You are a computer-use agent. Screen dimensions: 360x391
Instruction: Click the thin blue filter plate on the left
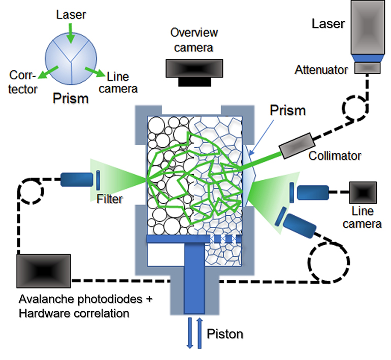point(97,180)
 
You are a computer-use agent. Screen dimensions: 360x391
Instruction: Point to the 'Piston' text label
point(225,334)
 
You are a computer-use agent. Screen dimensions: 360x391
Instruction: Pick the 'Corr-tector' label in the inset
point(23,83)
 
